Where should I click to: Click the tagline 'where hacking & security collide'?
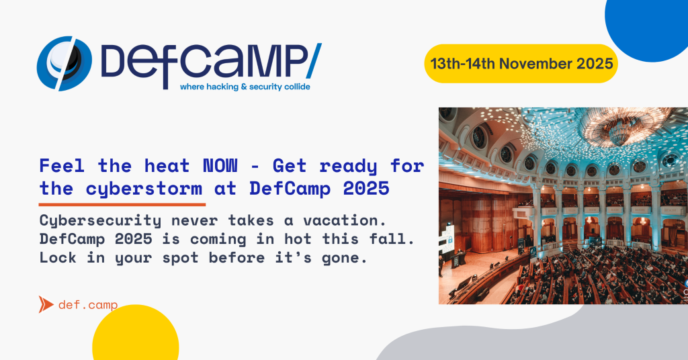point(245,87)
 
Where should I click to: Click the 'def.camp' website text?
point(88,305)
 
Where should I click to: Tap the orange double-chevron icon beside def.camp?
point(46,305)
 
